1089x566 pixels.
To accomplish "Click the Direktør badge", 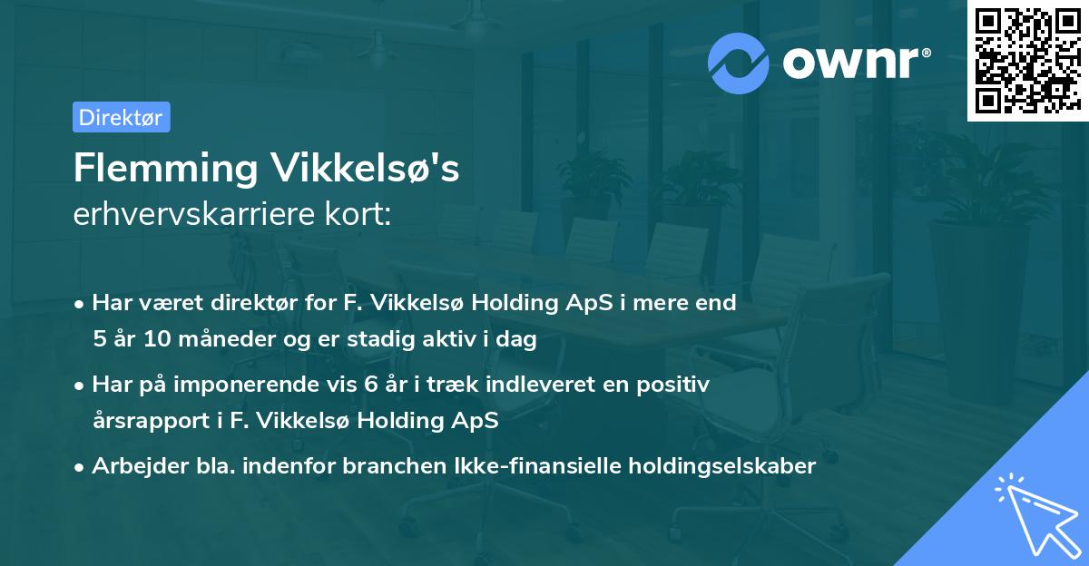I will click(121, 117).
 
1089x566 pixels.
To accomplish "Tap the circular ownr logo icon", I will click(739, 63).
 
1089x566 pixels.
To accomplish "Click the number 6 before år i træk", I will click(369, 385).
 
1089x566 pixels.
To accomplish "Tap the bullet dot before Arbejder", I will click(81, 466).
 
